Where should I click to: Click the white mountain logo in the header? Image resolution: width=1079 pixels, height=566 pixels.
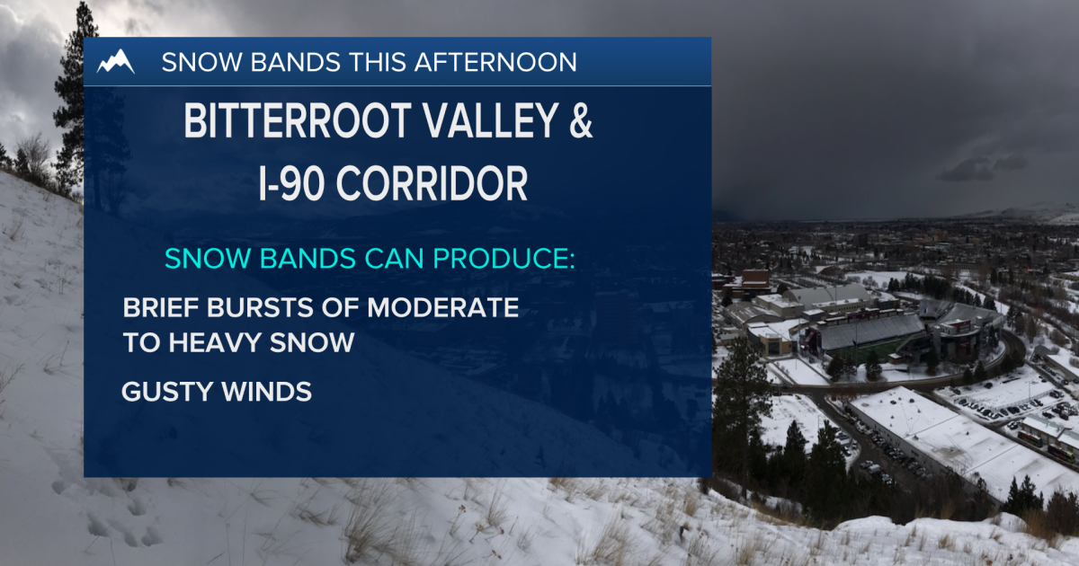click(x=116, y=61)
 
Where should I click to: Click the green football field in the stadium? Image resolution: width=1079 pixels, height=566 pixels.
click(x=868, y=353)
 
